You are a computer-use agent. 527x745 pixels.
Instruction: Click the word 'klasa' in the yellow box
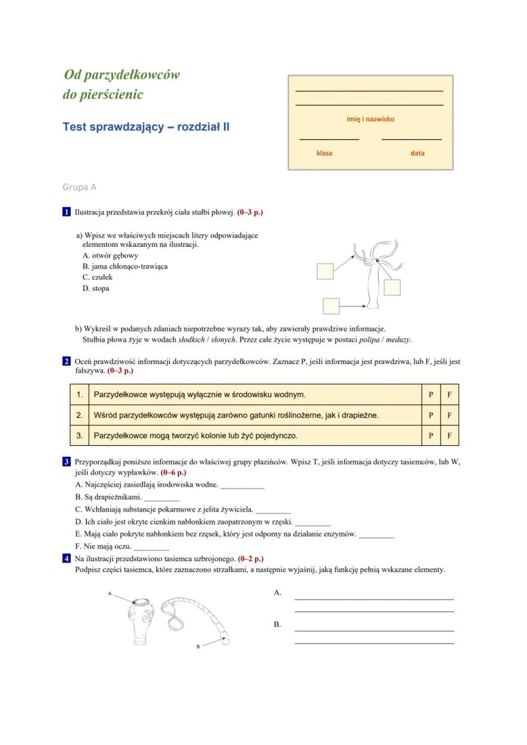324,153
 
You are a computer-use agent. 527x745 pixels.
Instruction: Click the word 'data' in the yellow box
418,153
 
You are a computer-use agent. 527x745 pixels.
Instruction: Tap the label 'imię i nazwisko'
370,119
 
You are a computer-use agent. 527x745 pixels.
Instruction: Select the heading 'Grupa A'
80,187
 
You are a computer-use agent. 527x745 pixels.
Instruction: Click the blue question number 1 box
66,212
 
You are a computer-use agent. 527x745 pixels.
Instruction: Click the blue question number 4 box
66,559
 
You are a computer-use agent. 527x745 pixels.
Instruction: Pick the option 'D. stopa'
95,289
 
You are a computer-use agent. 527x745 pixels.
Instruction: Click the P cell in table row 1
431,394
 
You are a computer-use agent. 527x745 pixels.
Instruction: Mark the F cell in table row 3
449,436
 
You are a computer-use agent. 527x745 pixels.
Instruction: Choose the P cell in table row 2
431,415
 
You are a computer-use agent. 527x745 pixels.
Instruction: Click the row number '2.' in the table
80,415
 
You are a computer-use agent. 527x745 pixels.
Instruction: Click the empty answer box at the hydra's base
331,306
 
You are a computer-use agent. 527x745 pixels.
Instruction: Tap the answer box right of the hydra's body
392,288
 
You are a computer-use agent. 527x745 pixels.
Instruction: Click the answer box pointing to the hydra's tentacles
325,272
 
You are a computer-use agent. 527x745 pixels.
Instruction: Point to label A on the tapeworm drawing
109,594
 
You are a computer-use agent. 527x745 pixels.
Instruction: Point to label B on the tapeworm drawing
199,646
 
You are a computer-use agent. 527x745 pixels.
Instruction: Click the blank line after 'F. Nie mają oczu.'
151,547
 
